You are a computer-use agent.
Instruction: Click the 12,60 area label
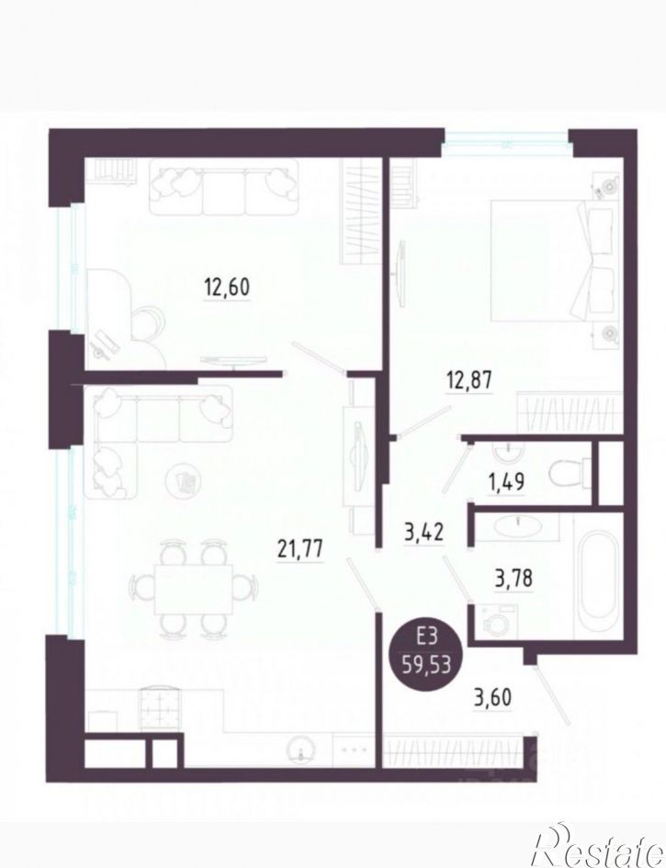tap(226, 286)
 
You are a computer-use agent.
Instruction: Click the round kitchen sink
tap(300, 750)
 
